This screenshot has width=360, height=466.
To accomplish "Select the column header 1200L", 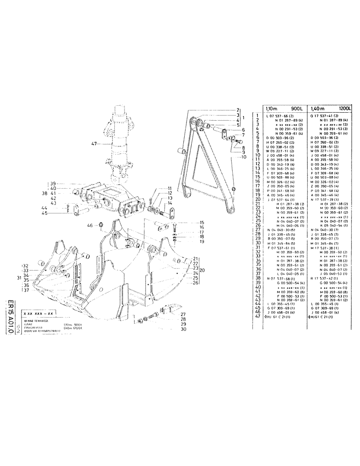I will click(344, 108).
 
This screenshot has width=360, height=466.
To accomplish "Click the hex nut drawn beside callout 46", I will click(101, 226).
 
